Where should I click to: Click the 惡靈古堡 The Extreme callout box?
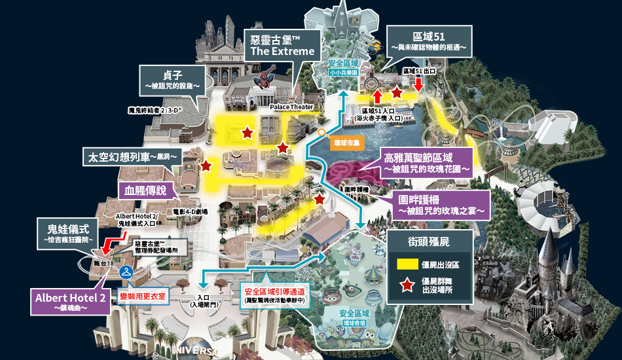[x=282, y=44]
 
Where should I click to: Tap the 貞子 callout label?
[x=172, y=79]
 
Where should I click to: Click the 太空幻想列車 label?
[x=132, y=157]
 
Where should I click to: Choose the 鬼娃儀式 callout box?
[x=68, y=232]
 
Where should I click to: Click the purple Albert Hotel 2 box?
[x=71, y=301]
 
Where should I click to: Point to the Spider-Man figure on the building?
[x=260, y=81]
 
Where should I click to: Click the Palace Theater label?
[x=291, y=107]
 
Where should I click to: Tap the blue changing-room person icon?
[x=127, y=269]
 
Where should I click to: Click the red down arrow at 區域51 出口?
[x=418, y=84]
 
